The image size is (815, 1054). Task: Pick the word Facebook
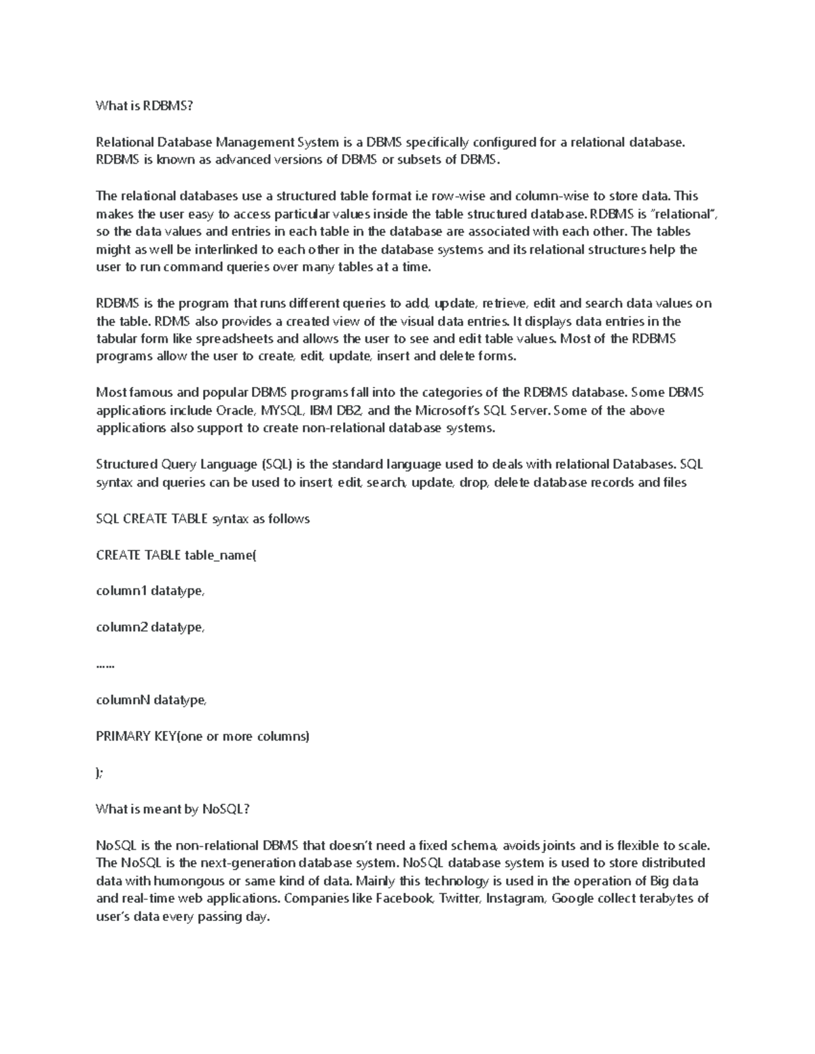404,899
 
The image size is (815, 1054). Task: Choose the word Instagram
515,899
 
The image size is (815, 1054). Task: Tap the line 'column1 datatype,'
150,591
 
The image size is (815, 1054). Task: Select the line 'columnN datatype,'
151,700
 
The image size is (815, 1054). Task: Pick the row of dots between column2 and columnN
105,665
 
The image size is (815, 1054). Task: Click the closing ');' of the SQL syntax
100,773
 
